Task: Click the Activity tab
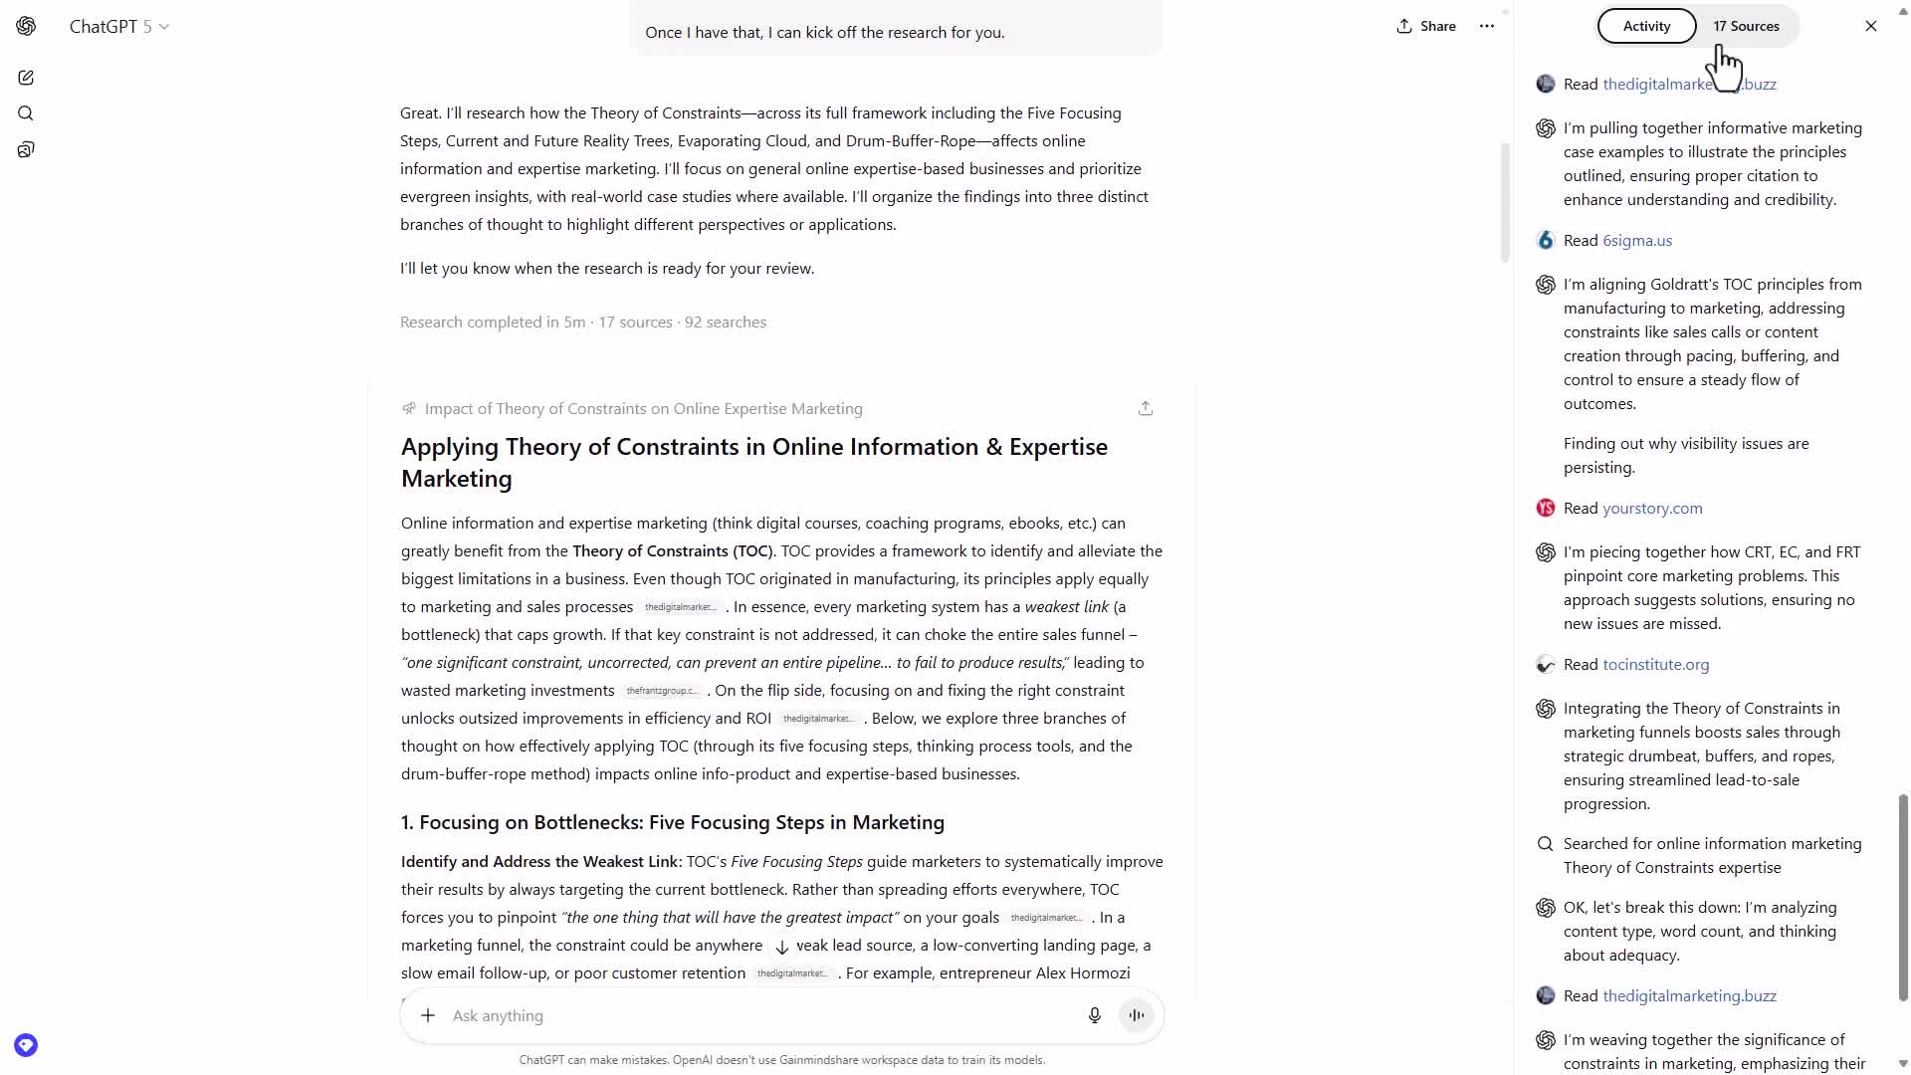1646,27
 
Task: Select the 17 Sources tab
1746,27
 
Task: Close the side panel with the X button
1870,27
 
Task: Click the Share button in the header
1426,27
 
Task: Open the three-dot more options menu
1487,27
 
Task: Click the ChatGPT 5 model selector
118,27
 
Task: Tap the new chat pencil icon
26,78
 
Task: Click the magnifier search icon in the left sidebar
26,113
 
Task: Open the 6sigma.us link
1637,241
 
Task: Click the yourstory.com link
1652,509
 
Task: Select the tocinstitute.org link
1655,665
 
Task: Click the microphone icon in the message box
1094,1015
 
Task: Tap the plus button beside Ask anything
428,1015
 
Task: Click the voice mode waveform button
1136,1015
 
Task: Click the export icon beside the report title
1146,409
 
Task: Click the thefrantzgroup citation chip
662,691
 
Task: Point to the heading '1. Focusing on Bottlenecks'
672,823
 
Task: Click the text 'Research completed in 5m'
493,322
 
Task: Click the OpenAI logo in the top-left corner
26,27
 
